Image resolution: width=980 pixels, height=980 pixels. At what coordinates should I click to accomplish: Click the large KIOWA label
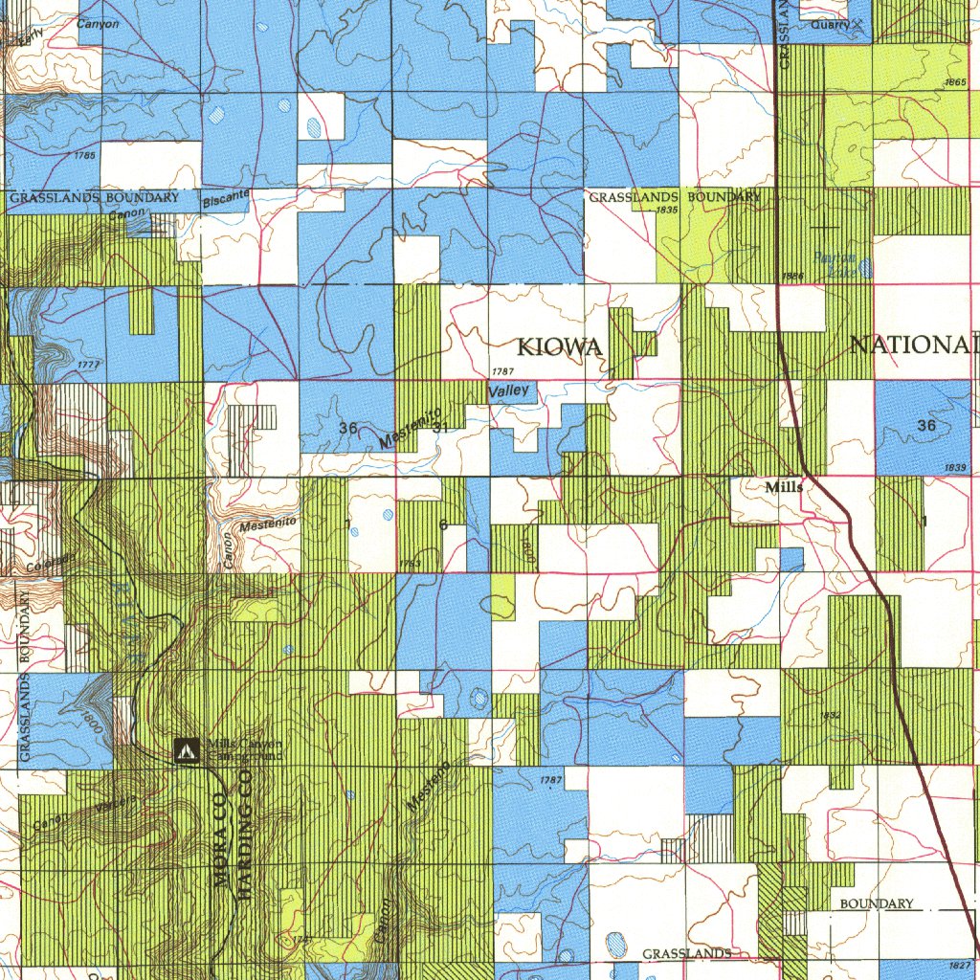[x=560, y=347]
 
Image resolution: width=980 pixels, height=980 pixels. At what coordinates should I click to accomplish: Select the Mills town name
[x=784, y=487]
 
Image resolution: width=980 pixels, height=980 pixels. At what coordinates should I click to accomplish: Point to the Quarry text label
[x=829, y=25]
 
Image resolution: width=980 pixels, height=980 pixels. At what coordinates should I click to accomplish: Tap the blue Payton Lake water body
[x=864, y=268]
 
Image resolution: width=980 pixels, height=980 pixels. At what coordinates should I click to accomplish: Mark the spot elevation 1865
[x=954, y=83]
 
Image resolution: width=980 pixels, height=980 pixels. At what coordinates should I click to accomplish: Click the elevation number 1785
[x=84, y=155]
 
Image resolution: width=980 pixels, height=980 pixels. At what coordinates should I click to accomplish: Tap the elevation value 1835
[x=667, y=209]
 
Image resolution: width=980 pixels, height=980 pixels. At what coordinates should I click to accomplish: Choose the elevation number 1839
[x=953, y=467]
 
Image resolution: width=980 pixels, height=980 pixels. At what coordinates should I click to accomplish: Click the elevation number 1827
[x=961, y=965]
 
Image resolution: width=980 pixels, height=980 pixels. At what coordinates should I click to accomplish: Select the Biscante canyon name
[x=226, y=200]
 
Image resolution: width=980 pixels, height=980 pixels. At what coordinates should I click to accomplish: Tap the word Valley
[x=508, y=391]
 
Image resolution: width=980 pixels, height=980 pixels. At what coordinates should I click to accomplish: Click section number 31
[x=440, y=428]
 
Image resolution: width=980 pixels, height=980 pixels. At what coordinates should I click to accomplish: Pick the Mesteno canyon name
[x=427, y=787]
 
